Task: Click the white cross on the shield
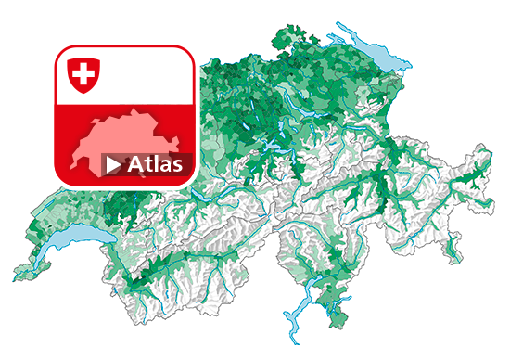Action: point(82,72)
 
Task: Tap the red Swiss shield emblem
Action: point(82,74)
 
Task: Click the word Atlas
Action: point(157,165)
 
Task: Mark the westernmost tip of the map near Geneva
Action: point(14,275)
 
